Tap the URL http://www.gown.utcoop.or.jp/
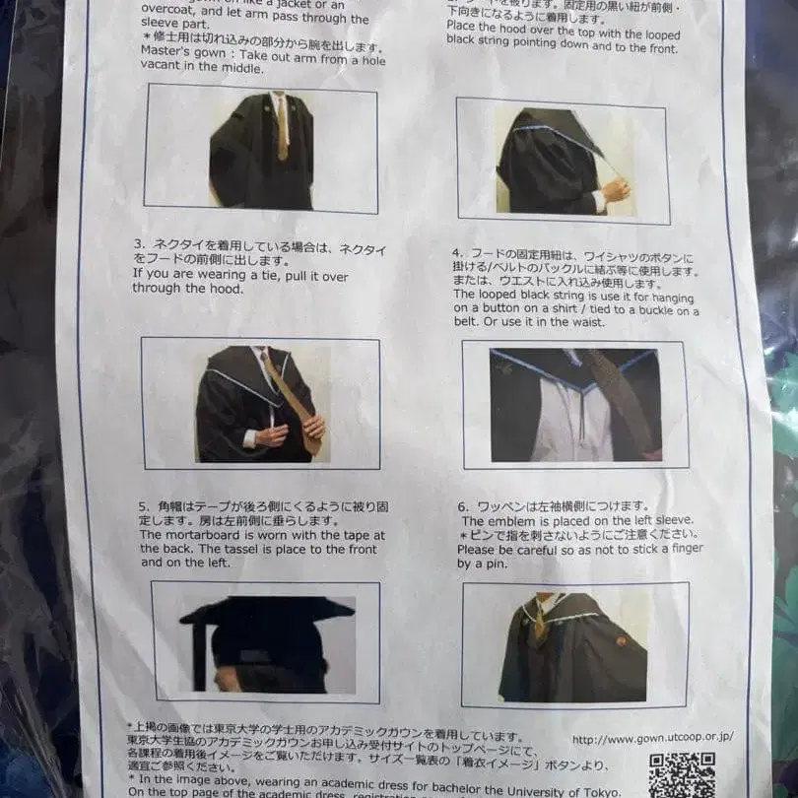[x=652, y=737]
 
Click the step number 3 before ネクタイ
[x=138, y=242]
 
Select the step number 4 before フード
[x=457, y=252]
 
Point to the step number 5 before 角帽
[x=144, y=506]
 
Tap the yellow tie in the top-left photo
[x=282, y=128]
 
